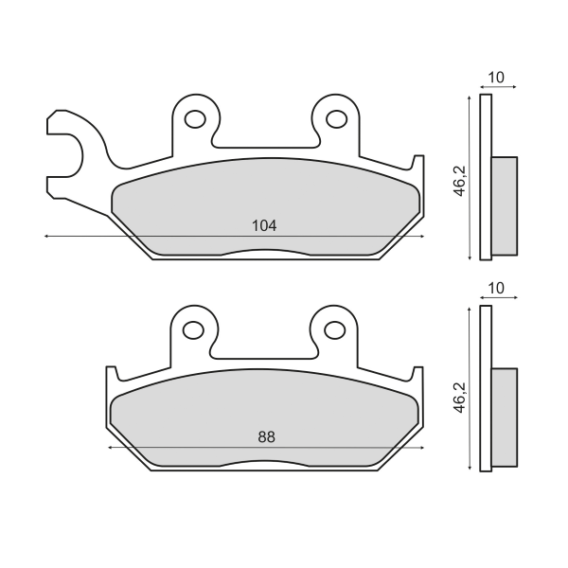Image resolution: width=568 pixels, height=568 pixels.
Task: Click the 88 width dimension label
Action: (x=268, y=436)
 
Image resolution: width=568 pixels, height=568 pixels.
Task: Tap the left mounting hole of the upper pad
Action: (x=195, y=119)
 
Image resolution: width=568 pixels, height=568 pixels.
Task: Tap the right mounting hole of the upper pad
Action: (x=336, y=119)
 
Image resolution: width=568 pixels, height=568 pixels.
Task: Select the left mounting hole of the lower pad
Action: (x=193, y=330)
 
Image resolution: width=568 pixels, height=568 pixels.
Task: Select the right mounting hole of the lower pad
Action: (x=334, y=330)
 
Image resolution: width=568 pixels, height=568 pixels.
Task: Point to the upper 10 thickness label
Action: (x=495, y=77)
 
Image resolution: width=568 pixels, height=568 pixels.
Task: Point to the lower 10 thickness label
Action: (x=495, y=288)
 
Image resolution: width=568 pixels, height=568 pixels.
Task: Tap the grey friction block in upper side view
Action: (x=505, y=205)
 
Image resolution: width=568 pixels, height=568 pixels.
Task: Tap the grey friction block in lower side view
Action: (x=505, y=417)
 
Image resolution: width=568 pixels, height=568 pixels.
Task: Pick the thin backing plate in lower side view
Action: (x=486, y=387)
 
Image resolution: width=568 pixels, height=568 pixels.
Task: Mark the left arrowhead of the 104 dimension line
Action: (x=47, y=236)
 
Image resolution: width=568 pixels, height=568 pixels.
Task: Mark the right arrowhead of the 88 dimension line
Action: (x=420, y=447)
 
